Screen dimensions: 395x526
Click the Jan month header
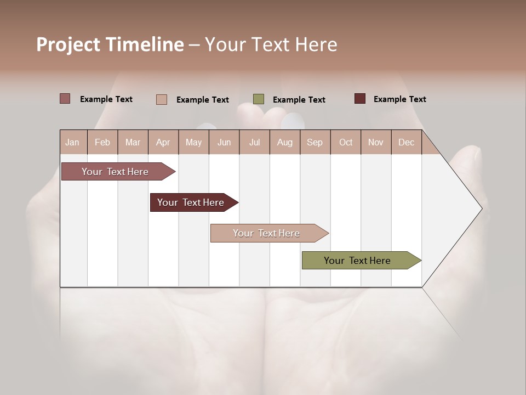click(73, 142)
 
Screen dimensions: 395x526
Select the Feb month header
click(102, 142)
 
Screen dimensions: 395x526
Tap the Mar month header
click(133, 142)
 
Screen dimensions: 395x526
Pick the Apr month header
click(163, 142)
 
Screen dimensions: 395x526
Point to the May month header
click(193, 142)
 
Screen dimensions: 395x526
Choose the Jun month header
click(224, 142)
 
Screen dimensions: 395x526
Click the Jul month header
click(254, 142)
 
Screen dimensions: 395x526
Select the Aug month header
click(285, 142)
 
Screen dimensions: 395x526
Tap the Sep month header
click(315, 142)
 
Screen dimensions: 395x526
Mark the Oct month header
click(346, 142)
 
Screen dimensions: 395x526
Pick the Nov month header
click(376, 142)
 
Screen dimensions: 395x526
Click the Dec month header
click(407, 142)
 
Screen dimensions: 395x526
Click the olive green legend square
click(259, 99)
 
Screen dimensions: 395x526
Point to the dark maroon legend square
click(360, 99)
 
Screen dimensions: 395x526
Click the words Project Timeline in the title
click(110, 44)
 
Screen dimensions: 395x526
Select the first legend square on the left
click(65, 99)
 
